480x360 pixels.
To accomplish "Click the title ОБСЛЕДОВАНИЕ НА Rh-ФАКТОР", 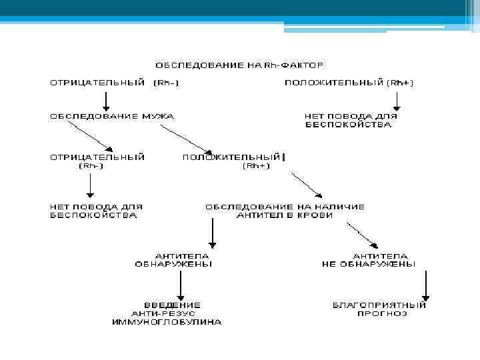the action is coord(240,65).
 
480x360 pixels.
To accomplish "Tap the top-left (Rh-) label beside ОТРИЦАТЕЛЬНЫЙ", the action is coord(167,83).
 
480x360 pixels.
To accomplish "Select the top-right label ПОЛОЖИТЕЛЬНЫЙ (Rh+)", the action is coord(349,83).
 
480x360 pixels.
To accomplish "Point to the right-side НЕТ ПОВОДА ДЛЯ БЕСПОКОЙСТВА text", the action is coord(351,120).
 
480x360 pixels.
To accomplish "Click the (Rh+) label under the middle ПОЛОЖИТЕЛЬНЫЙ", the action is coord(256,166).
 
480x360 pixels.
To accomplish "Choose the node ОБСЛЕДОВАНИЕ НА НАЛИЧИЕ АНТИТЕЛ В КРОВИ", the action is coord(285,211).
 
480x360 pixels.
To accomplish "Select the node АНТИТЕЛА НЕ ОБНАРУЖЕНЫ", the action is coord(368,260).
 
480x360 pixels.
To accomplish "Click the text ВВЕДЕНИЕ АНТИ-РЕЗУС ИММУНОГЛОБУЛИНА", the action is coord(167,313).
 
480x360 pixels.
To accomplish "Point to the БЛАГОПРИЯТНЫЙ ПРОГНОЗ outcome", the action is coord(379,309).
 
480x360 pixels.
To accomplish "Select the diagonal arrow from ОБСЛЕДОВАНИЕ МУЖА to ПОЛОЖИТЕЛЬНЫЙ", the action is coord(186,139).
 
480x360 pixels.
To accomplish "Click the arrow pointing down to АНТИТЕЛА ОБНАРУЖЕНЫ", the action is coord(212,233).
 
